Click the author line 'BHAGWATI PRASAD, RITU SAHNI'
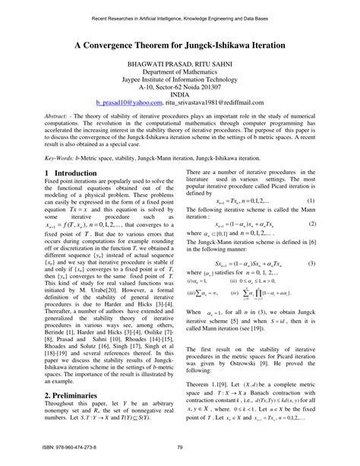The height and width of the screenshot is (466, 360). (x=179, y=68)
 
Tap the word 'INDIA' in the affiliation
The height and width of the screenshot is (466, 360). (x=179, y=94)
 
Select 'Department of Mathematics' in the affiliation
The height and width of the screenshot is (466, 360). (x=179, y=77)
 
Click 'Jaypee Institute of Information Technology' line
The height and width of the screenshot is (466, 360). (x=179, y=85)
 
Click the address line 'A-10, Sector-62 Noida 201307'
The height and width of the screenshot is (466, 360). (x=179, y=94)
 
